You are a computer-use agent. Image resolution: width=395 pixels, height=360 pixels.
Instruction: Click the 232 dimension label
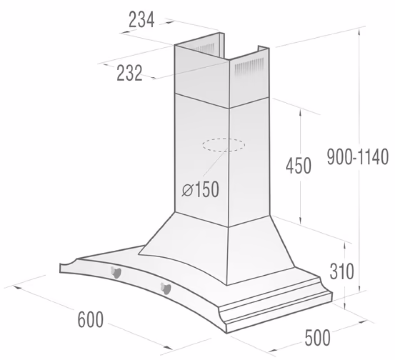pos(130,73)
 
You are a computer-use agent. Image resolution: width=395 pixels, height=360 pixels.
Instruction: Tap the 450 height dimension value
pos(298,166)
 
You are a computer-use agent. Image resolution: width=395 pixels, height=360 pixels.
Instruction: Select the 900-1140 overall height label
pos(358,157)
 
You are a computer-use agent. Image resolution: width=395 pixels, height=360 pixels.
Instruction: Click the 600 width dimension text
pos(91,319)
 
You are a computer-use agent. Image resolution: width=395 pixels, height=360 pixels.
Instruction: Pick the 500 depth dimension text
pos(317,338)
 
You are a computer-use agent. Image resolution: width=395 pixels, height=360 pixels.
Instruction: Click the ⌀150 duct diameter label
pos(200,190)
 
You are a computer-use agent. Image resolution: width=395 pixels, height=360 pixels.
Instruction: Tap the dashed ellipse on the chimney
pos(223,145)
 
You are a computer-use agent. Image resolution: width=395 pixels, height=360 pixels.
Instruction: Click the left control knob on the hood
pos(116,272)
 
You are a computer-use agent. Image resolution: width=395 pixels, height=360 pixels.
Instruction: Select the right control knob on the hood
pos(166,288)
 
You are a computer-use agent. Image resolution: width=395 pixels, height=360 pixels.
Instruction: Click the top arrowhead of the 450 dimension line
pos(301,111)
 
